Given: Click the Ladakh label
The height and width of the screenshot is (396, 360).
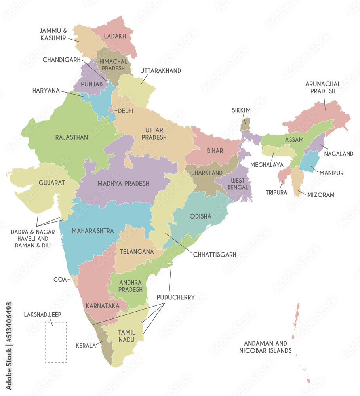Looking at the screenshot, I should (114, 36).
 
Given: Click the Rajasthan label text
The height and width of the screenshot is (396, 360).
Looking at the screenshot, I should (72, 137).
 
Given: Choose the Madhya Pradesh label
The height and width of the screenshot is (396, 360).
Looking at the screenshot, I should (123, 183).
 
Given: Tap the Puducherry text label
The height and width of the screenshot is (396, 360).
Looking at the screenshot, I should (175, 297).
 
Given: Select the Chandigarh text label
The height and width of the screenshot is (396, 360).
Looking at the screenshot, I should (61, 60).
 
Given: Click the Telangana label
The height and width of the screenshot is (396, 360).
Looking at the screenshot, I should (137, 251).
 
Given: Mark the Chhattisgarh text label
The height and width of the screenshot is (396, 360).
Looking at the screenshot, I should (214, 255).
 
